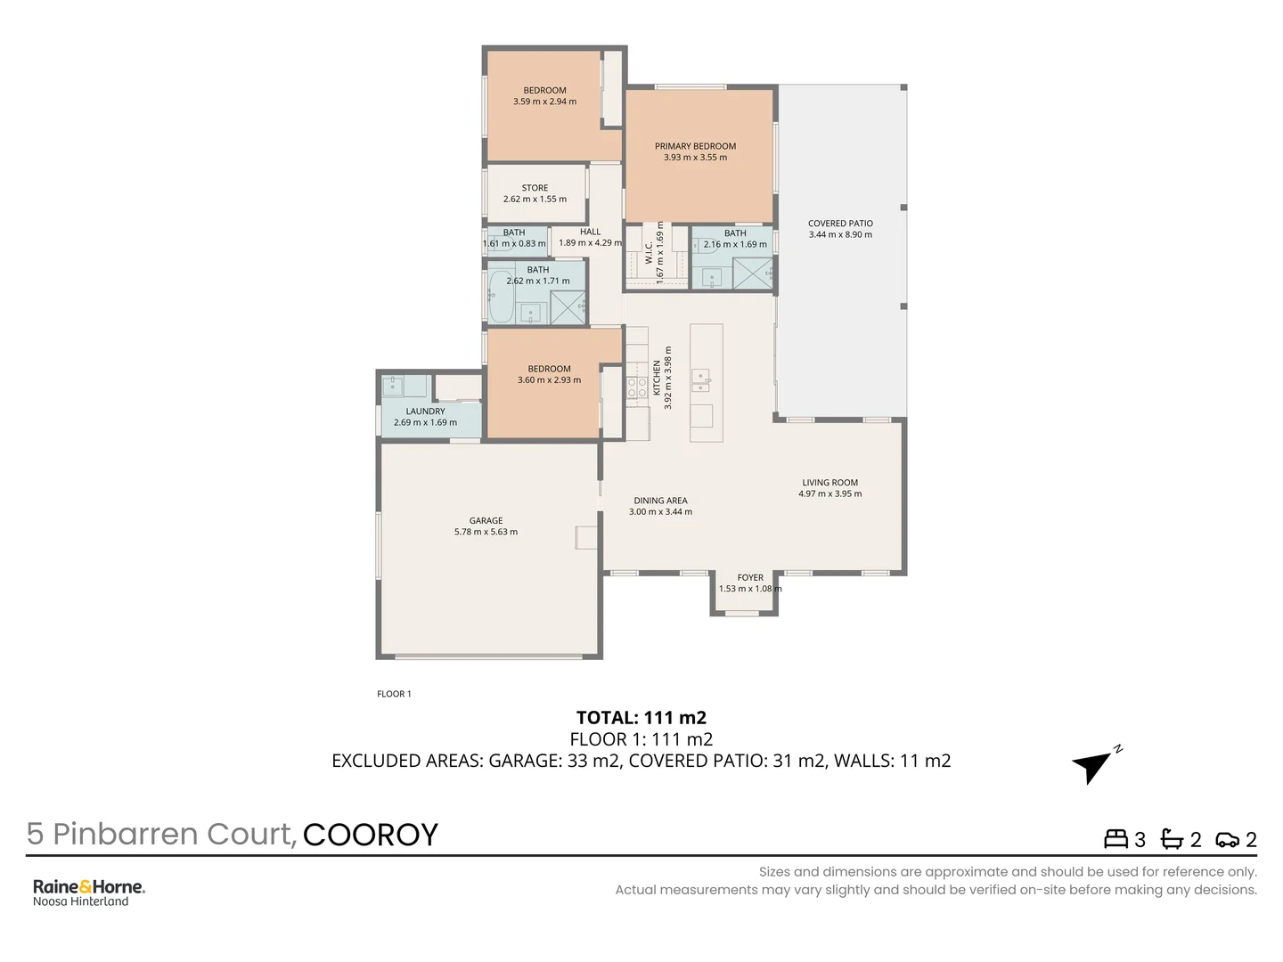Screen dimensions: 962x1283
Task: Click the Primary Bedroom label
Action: point(695,146)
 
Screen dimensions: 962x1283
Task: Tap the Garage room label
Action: point(486,521)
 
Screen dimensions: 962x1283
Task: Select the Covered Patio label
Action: point(840,224)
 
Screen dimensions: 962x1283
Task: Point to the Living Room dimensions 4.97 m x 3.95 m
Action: point(829,493)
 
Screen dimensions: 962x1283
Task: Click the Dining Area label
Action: point(660,501)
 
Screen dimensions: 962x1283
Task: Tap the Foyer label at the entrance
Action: point(750,577)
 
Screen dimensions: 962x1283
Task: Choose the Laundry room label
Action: point(425,412)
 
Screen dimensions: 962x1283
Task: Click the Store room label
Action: point(535,188)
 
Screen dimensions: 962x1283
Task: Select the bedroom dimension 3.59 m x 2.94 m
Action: point(544,102)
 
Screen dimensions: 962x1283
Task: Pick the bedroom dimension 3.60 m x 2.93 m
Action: point(549,380)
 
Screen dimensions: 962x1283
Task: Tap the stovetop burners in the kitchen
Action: point(636,387)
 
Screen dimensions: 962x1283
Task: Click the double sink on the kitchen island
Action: point(701,380)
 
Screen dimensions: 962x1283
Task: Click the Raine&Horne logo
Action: point(88,887)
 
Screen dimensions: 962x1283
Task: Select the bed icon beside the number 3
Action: point(1115,839)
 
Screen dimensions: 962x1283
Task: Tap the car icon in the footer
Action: point(1227,839)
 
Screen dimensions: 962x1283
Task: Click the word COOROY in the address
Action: point(370,835)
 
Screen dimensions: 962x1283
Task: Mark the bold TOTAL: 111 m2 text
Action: point(641,718)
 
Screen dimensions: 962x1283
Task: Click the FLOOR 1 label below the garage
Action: point(394,694)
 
